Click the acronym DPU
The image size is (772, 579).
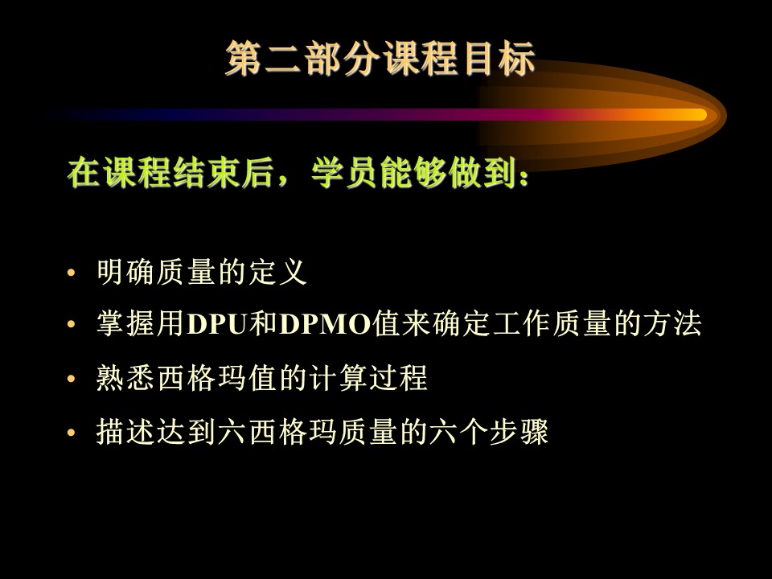coord(217,324)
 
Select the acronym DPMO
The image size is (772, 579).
coord(325,324)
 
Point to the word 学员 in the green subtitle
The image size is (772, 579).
coord(345,173)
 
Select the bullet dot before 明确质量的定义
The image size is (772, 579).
coord(72,272)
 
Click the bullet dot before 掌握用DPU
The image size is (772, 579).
coord(72,324)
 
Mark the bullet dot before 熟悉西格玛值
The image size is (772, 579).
coord(72,379)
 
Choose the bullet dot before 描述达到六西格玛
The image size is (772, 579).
coord(72,433)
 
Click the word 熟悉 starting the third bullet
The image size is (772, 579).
coord(125,378)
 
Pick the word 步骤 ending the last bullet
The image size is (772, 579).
coord(519,432)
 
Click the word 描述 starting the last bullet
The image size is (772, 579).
coord(125,432)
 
